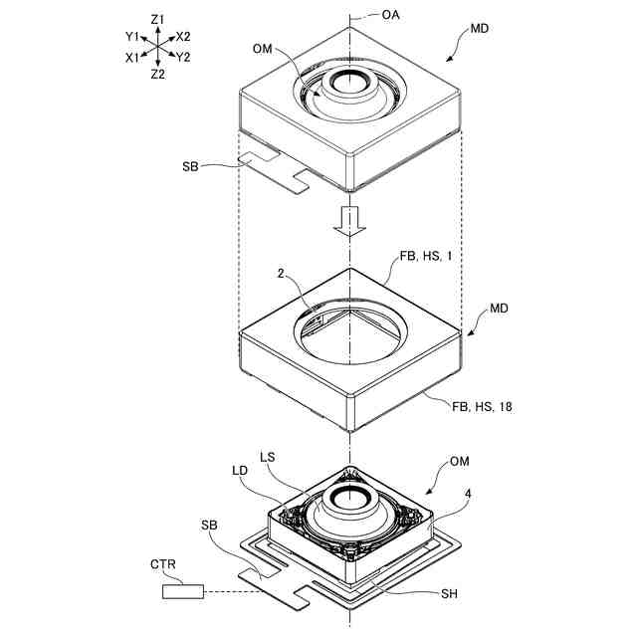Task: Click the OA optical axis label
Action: point(392,17)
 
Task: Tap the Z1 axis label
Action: point(158,19)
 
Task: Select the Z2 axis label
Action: point(158,75)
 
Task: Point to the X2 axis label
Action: point(183,37)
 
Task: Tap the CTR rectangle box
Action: point(183,593)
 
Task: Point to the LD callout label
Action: point(240,470)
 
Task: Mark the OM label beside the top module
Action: point(263,48)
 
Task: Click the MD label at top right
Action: point(479,30)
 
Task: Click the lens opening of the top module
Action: point(350,84)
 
